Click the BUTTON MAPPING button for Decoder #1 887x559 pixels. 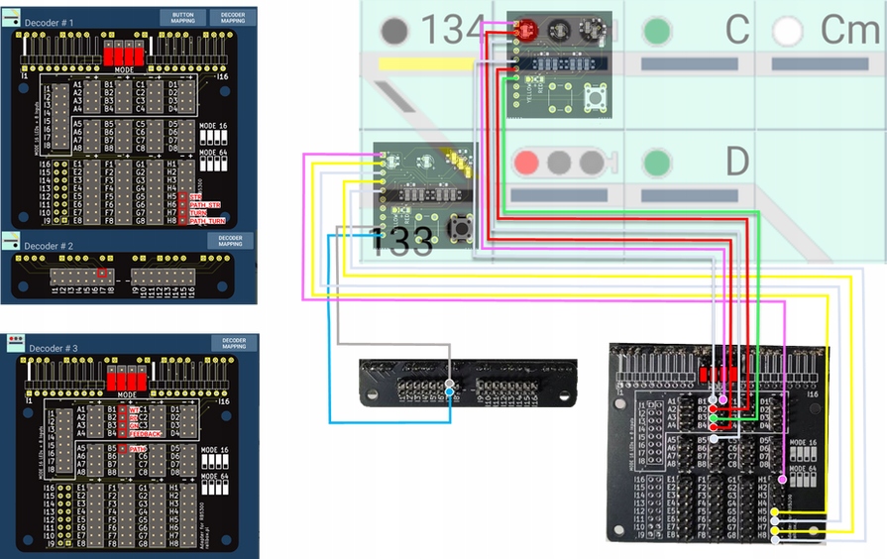tap(183, 18)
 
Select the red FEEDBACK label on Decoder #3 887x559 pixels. tap(145, 433)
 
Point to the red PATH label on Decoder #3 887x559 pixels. tap(136, 449)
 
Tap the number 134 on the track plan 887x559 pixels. tap(452, 31)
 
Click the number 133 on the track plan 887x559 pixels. tap(401, 241)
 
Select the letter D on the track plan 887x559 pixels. tap(735, 161)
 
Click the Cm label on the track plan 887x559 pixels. tap(850, 31)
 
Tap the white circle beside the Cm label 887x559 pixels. tap(788, 31)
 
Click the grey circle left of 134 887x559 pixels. tap(395, 31)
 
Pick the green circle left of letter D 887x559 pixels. tap(657, 161)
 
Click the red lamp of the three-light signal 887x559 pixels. tap(527, 161)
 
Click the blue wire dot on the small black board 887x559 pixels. tap(451, 393)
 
